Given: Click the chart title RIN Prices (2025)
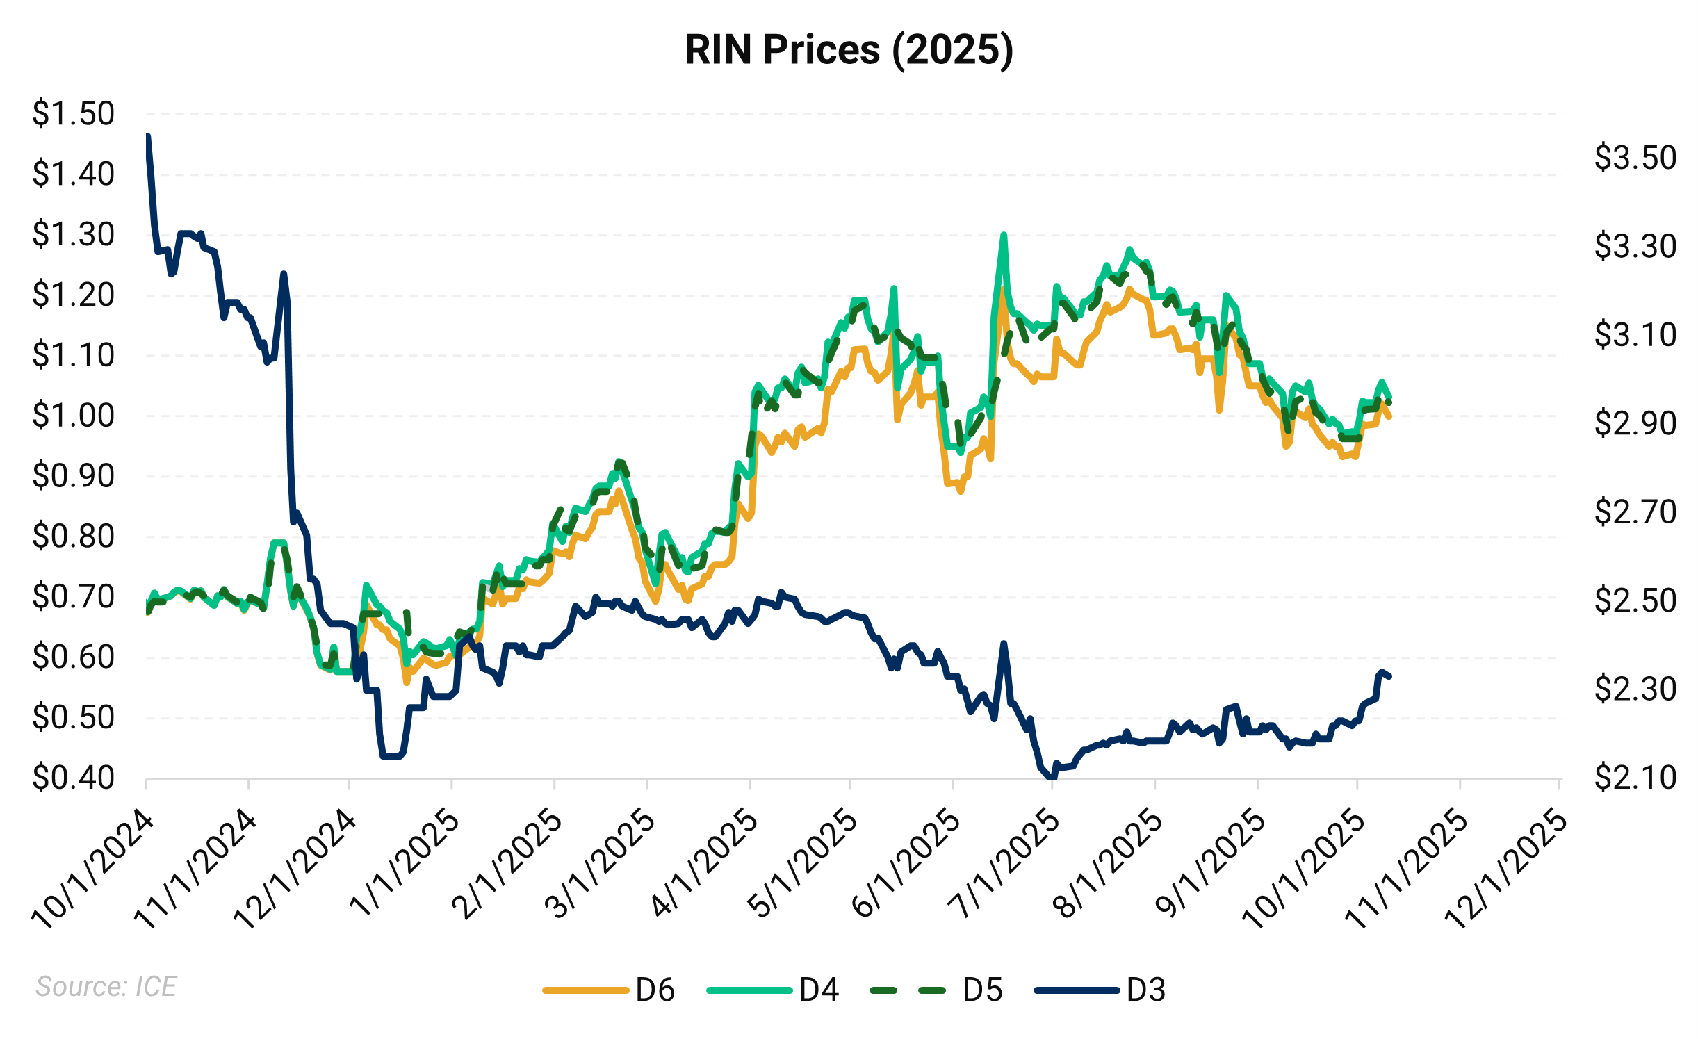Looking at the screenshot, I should click(x=849, y=50).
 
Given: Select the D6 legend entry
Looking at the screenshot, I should click(x=608, y=990).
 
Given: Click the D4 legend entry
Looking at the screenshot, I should click(x=772, y=990).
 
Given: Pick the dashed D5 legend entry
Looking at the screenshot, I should click(x=936, y=990).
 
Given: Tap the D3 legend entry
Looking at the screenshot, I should click(x=1100, y=990).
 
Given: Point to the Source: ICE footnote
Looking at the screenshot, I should click(x=106, y=986).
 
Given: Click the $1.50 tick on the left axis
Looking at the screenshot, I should click(x=73, y=113).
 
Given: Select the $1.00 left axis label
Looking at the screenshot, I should click(x=73, y=416).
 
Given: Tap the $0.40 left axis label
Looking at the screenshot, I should click(x=73, y=778).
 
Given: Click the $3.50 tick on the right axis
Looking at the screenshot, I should click(x=1635, y=158).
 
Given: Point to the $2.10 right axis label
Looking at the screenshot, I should click(x=1635, y=777).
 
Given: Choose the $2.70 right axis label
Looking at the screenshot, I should click(x=1635, y=512).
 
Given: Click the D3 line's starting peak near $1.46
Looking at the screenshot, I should click(x=148, y=137).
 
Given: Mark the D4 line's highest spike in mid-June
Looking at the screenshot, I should click(x=1004, y=235).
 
